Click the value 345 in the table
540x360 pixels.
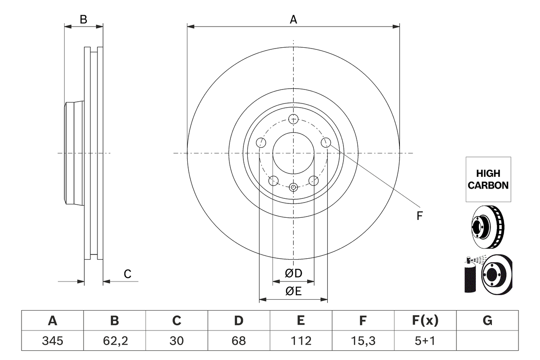(52, 341)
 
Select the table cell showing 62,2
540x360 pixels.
(114, 341)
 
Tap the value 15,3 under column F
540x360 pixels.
(363, 341)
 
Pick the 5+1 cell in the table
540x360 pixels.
(425, 341)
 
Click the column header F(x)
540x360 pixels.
(425, 321)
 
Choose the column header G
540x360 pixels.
(487, 321)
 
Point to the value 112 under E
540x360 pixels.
(301, 341)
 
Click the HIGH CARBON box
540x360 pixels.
(488, 179)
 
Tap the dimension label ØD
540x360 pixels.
(294, 273)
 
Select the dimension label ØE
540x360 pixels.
(294, 291)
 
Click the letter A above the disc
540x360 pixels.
(293, 19)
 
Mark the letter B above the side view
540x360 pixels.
(84, 19)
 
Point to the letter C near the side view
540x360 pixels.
(127, 274)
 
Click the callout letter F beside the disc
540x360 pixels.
(419, 216)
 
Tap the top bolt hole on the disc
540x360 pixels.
(293, 119)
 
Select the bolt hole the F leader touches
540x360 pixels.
(325, 143)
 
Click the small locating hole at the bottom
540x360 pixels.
(293, 187)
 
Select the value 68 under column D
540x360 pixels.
(239, 341)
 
